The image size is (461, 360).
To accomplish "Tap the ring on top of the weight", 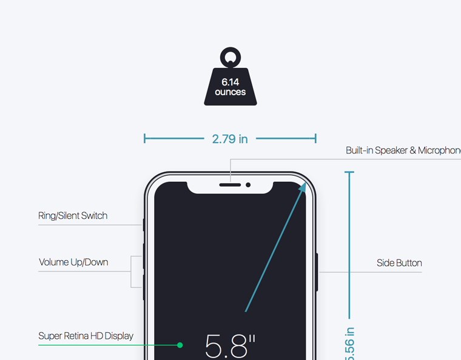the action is pyautogui.click(x=230, y=57).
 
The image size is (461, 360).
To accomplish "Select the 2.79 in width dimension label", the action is pyautogui.click(x=230, y=139).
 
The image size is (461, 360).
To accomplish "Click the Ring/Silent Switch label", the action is pyautogui.click(x=73, y=216).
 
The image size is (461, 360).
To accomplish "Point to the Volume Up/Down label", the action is pyautogui.click(x=73, y=262).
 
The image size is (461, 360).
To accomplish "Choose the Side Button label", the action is pyautogui.click(x=399, y=263).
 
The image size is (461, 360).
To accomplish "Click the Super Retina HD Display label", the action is pyautogui.click(x=86, y=336).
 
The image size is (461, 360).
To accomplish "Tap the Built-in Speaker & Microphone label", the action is pyautogui.click(x=403, y=150).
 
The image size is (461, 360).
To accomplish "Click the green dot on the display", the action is pyautogui.click(x=180, y=345).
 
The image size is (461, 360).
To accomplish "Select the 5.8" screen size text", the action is pyautogui.click(x=230, y=346).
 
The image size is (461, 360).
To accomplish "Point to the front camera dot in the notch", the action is pyautogui.click(x=248, y=184).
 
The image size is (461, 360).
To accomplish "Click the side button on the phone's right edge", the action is pyautogui.click(x=317, y=272).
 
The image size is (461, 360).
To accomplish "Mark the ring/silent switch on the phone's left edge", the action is pyautogui.click(x=144, y=225).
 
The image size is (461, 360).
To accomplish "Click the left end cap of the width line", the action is pyautogui.click(x=144, y=139).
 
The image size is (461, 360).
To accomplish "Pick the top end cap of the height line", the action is pyautogui.click(x=349, y=173).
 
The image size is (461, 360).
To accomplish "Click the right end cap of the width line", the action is pyautogui.click(x=315, y=139).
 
